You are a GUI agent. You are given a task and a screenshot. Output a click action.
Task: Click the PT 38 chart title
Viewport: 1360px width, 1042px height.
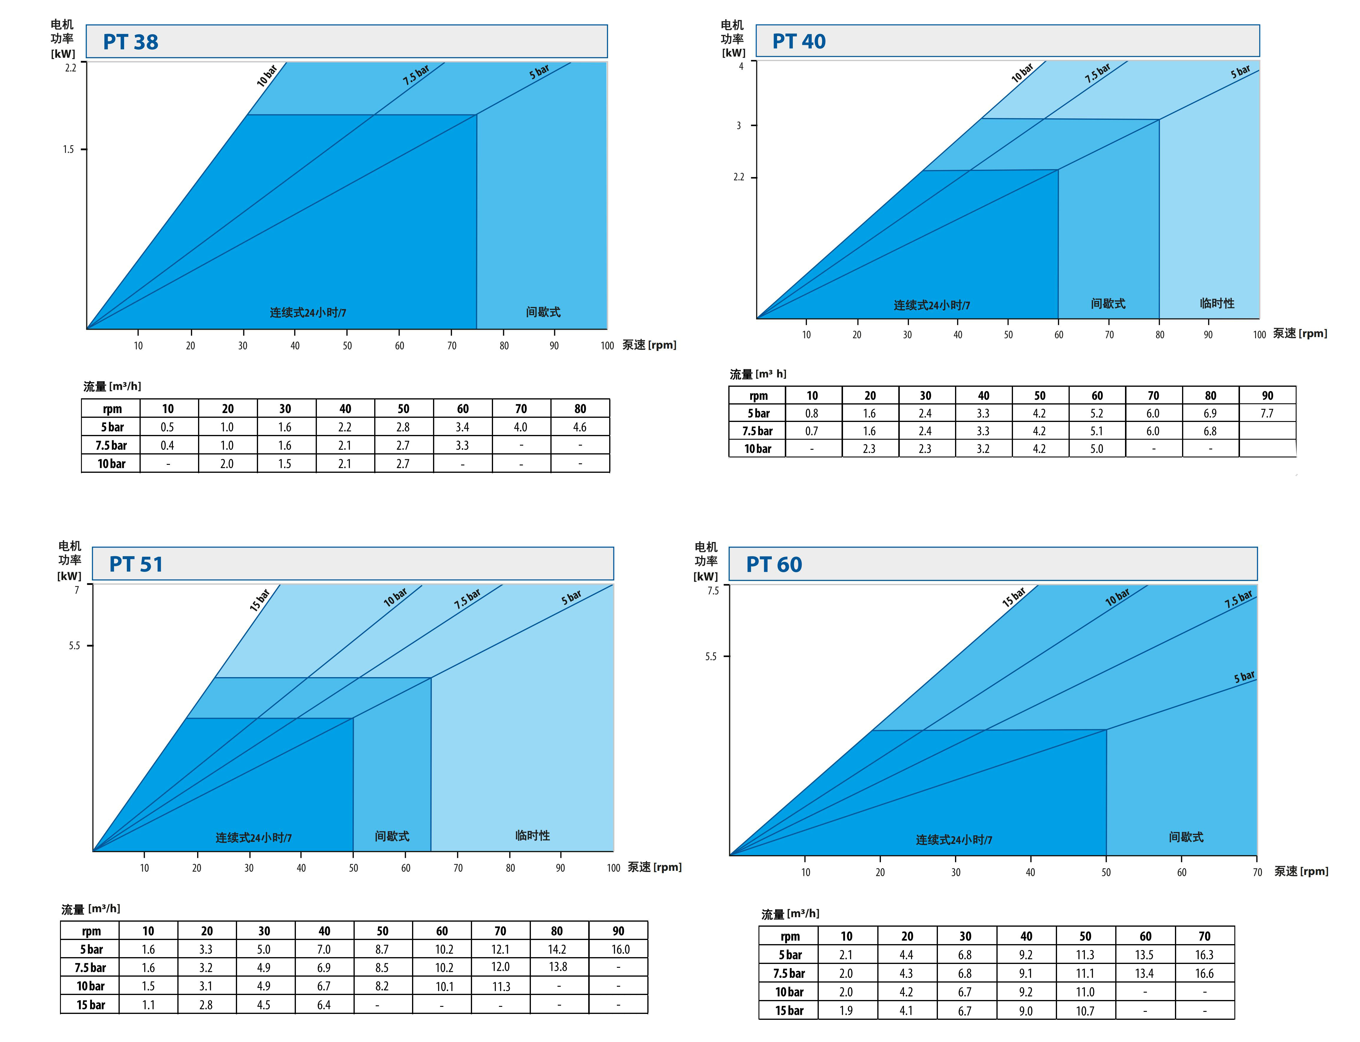[131, 42]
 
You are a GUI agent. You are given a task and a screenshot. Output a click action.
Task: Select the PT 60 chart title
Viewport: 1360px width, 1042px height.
[774, 564]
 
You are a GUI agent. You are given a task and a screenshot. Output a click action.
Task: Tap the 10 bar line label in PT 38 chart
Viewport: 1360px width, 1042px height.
[267, 75]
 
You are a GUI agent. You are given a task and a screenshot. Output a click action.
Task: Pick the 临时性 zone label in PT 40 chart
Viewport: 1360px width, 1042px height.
[1217, 303]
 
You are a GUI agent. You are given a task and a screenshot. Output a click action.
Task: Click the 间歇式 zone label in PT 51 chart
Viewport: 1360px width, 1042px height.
[392, 836]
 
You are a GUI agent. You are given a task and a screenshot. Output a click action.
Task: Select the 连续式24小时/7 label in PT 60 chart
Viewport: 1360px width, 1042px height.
[953, 840]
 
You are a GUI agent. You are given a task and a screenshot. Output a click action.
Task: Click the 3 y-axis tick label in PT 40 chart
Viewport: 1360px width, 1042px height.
[738, 125]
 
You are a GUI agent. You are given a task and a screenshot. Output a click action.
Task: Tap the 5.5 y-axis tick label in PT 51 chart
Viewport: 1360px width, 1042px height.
[74, 646]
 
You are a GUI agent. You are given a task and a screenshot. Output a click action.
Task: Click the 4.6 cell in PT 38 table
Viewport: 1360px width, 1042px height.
[580, 427]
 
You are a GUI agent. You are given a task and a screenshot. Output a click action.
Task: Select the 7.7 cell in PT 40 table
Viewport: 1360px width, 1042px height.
[1266, 413]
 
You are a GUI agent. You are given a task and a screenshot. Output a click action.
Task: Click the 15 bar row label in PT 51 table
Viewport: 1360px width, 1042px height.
[90, 1005]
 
